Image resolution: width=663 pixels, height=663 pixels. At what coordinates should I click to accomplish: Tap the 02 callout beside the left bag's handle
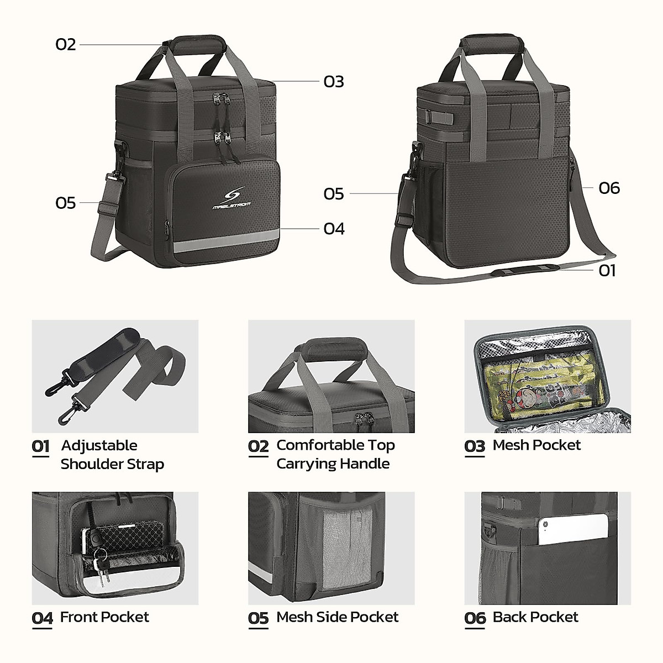66,44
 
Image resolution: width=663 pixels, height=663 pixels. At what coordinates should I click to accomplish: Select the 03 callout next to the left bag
334,82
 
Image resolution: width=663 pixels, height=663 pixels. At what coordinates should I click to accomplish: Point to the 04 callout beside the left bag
334,229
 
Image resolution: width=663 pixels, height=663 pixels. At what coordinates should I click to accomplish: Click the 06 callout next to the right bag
609,188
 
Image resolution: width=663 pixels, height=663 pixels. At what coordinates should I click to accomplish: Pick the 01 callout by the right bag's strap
607,270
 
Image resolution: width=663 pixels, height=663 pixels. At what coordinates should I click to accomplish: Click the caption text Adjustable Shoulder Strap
112,455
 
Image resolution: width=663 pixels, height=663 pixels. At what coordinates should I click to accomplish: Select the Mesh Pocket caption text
536,445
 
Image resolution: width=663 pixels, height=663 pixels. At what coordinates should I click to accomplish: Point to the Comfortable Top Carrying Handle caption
335,454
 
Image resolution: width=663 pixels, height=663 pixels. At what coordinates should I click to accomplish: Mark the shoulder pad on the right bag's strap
525,270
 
